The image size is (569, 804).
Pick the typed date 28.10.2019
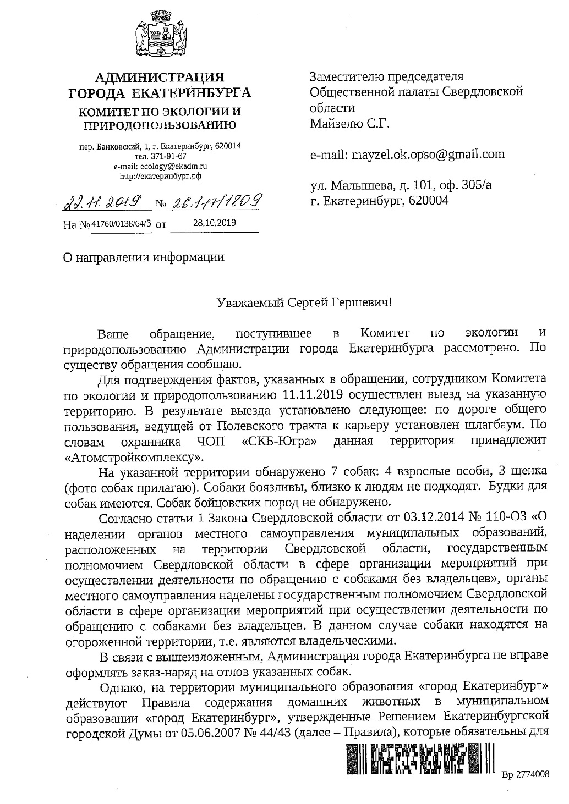(x=214, y=223)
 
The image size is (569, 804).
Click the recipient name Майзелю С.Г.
(x=349, y=123)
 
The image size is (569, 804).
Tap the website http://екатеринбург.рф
(x=160, y=177)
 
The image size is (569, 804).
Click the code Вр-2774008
(x=526, y=774)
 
